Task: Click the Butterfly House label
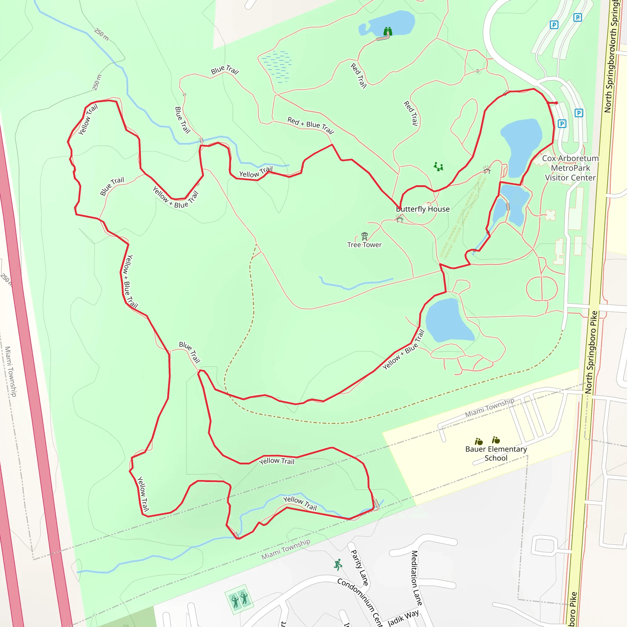pyautogui.click(x=422, y=209)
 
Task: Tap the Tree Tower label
pyautogui.click(x=364, y=245)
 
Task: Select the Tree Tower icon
pyautogui.click(x=364, y=236)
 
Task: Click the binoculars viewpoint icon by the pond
pyautogui.click(x=388, y=32)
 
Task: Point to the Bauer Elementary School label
pyautogui.click(x=496, y=453)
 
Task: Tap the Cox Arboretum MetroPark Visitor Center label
pyautogui.click(x=570, y=168)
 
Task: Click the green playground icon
pyautogui.click(x=438, y=167)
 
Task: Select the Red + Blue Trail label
pyautogui.click(x=310, y=125)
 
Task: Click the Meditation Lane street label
pyautogui.click(x=416, y=578)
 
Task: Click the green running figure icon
pyautogui.click(x=338, y=565)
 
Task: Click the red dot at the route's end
pyautogui.click(x=556, y=103)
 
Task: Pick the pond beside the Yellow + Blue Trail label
pyautogui.click(x=448, y=321)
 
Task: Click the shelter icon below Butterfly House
pyautogui.click(x=400, y=220)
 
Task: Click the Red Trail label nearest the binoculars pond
pyautogui.click(x=359, y=76)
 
